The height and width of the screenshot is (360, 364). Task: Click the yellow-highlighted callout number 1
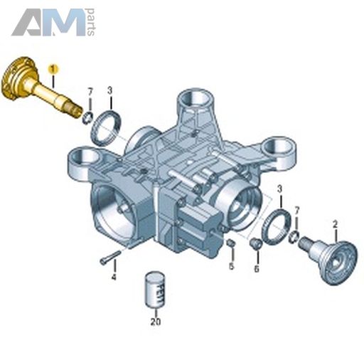pyautogui.click(x=53, y=69)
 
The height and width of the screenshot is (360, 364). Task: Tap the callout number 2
pyautogui.click(x=335, y=224)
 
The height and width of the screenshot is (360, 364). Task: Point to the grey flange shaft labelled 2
pyautogui.click(x=329, y=259)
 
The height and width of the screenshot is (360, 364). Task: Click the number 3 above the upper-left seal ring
pyautogui.click(x=109, y=90)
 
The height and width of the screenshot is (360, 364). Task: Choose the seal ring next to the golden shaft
pyautogui.click(x=106, y=127)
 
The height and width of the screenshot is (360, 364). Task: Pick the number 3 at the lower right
pyautogui.click(x=280, y=189)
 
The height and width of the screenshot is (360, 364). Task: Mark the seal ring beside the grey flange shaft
pyautogui.click(x=277, y=226)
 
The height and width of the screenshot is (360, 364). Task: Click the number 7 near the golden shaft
pyautogui.click(x=90, y=92)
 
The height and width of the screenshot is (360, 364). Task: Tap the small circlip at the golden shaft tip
pyautogui.click(x=87, y=118)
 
